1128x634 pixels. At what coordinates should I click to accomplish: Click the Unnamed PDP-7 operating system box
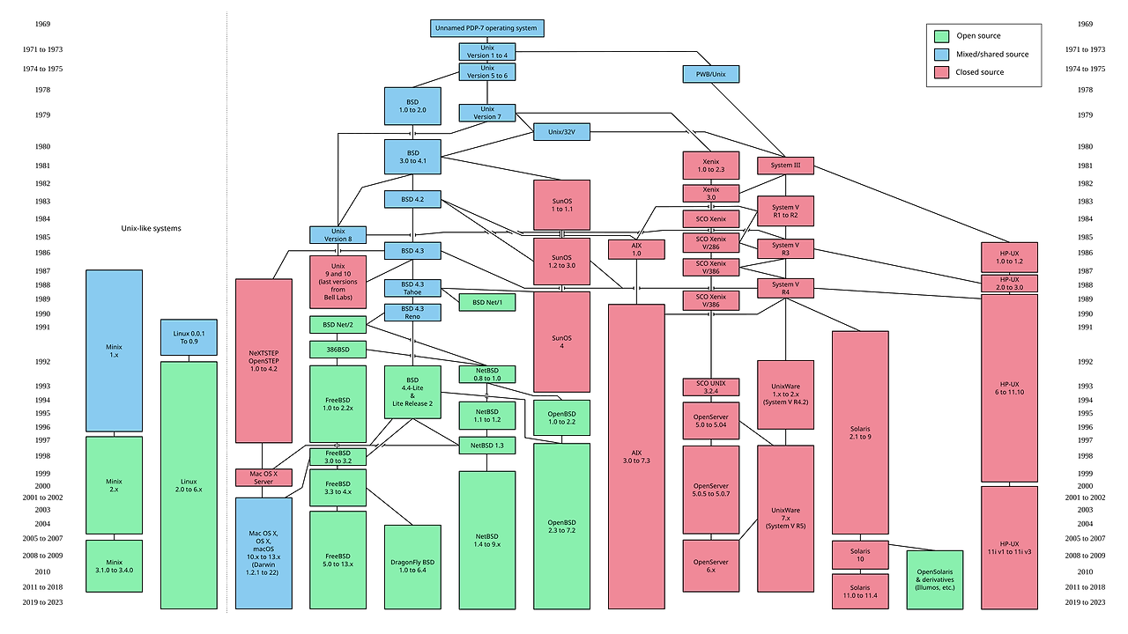click(486, 28)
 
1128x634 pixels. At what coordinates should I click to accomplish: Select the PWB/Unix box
click(711, 74)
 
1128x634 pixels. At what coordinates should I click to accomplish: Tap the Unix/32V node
click(561, 132)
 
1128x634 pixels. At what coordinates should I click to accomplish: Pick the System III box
click(785, 166)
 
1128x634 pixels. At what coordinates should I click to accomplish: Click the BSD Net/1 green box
click(486, 302)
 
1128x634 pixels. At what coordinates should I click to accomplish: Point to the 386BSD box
click(338, 350)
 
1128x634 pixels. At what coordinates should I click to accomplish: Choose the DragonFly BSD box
click(412, 566)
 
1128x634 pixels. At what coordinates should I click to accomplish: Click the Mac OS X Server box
click(263, 478)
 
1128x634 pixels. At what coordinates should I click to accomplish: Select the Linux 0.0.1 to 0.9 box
click(189, 337)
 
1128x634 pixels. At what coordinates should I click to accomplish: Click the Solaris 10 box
click(859, 555)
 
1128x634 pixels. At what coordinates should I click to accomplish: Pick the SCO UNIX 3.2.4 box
click(710, 387)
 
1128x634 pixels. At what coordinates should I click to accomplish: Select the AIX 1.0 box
click(636, 248)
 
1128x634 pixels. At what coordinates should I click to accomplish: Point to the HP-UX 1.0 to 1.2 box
click(1009, 257)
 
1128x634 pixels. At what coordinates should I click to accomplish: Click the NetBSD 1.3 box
click(486, 446)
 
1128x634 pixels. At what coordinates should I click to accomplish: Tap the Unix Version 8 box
click(338, 234)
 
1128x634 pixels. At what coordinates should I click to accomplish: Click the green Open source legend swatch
click(941, 36)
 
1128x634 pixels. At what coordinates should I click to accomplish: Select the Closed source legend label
click(980, 72)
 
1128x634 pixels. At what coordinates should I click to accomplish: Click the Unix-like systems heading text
click(151, 228)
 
